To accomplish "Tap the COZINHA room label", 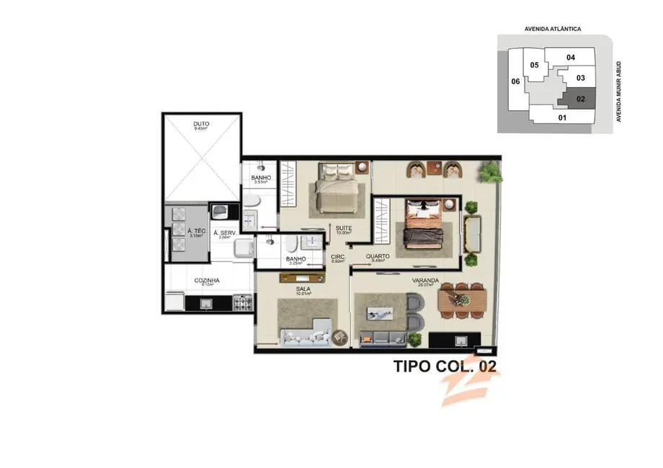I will tap(207, 281).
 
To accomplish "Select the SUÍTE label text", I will tap(342, 228).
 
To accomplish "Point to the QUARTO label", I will tap(378, 256).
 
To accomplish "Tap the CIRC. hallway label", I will tap(338, 257).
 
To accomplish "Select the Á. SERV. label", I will tap(225, 233).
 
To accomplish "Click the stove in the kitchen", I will tap(244, 303).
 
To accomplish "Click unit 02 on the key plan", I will tap(580, 98).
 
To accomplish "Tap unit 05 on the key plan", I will tap(534, 66).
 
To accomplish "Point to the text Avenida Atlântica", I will tap(553, 29).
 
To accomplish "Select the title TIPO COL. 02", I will tap(445, 366).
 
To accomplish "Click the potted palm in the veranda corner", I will tap(490, 172).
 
